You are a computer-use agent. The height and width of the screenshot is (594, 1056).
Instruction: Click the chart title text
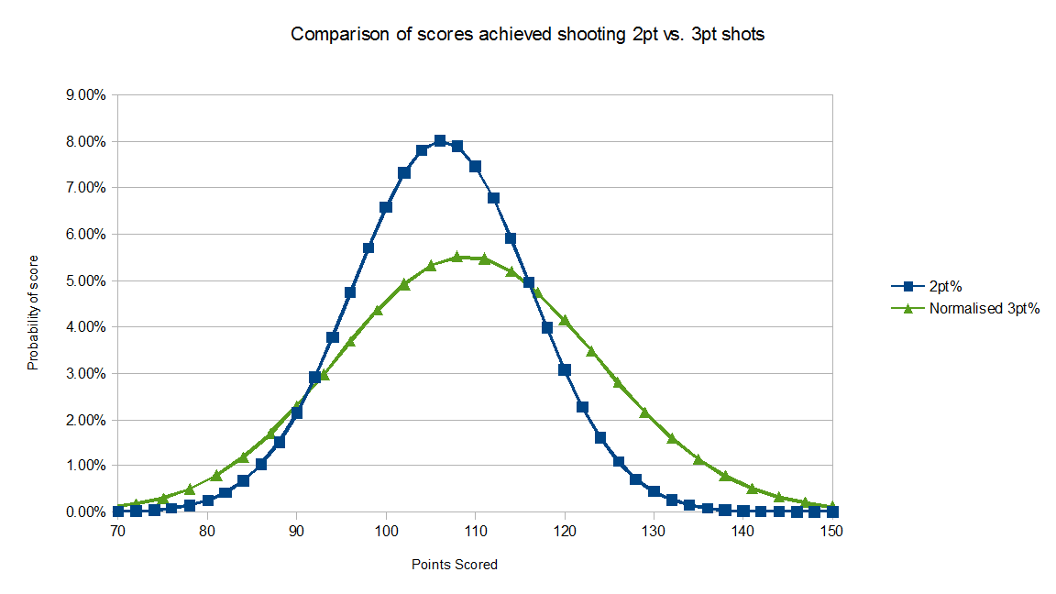527,35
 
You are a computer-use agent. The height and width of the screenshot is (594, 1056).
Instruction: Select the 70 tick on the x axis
117,531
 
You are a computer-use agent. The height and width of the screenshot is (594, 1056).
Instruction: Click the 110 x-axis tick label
475,531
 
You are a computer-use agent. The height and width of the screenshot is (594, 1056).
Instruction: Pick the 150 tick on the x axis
832,531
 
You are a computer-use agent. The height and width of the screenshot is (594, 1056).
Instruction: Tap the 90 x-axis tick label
296,531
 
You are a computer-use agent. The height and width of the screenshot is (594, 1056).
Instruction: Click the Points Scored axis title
455,565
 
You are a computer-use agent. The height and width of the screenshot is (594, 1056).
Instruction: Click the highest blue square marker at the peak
439,141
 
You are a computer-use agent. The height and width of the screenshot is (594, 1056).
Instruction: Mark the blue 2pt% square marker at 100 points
386,207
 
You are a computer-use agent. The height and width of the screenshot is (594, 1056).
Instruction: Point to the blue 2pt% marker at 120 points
565,369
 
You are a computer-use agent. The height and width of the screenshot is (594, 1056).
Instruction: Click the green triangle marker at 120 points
565,320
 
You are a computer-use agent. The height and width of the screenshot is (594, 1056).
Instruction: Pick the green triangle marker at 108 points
457,257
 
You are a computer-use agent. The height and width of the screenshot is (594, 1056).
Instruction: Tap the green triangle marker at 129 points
645,412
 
